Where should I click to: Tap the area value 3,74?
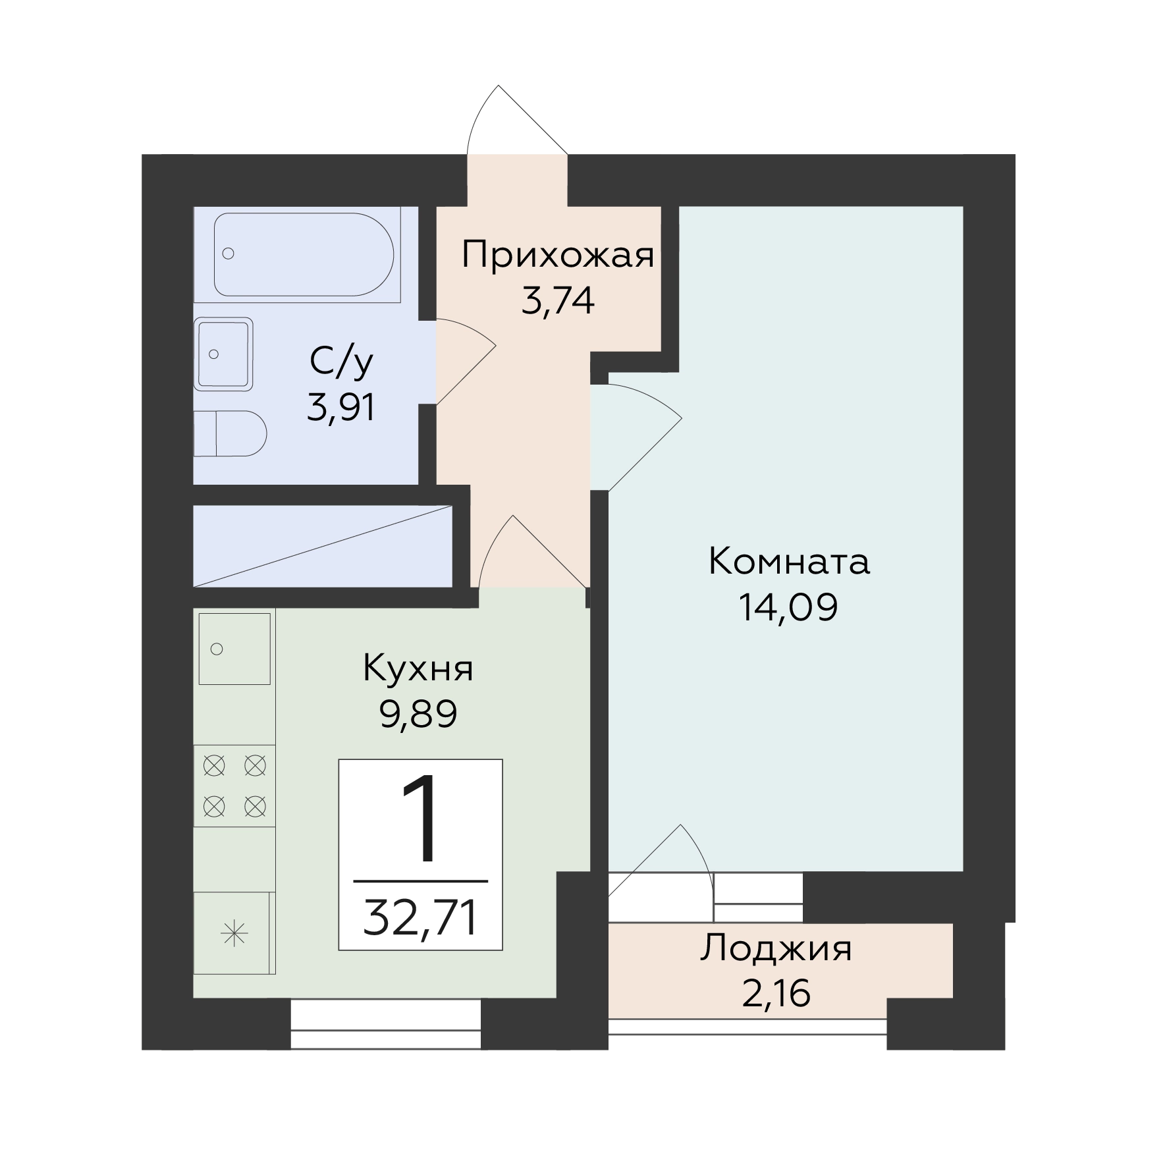click(x=558, y=302)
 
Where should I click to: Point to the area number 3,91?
click(x=341, y=408)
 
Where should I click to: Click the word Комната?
click(x=789, y=562)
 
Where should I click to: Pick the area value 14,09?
click(x=788, y=608)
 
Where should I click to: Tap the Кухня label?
click(x=418, y=668)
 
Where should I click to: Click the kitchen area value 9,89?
click(x=418, y=714)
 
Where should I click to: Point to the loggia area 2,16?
click(x=776, y=994)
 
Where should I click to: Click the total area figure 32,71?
click(x=420, y=919)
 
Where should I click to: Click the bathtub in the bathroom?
click(x=304, y=254)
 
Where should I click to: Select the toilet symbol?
click(x=230, y=433)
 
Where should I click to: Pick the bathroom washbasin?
click(x=224, y=354)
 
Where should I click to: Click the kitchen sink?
click(x=234, y=649)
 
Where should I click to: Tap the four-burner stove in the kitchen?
click(x=234, y=786)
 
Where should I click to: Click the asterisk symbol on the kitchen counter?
click(x=234, y=935)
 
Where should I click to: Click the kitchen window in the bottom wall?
click(x=386, y=1023)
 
